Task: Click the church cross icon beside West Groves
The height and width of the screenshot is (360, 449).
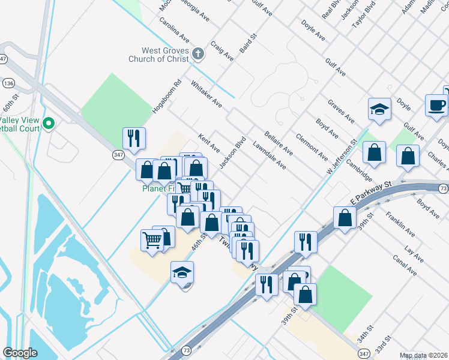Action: (x=199, y=55)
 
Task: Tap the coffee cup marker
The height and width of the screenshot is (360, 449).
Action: (x=436, y=106)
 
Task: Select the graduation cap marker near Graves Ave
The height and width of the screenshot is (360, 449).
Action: (x=379, y=109)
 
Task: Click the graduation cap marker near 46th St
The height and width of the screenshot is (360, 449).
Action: (x=182, y=273)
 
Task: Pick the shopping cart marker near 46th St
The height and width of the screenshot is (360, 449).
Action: (x=152, y=241)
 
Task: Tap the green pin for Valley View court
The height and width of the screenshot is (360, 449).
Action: (x=49, y=125)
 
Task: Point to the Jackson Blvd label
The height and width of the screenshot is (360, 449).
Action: (x=233, y=154)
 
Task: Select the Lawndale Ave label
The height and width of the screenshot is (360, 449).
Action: (x=269, y=155)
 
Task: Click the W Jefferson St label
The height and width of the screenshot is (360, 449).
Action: (x=342, y=157)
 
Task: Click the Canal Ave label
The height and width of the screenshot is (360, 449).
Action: (x=406, y=264)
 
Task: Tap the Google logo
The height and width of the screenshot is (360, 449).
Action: (x=20, y=352)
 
